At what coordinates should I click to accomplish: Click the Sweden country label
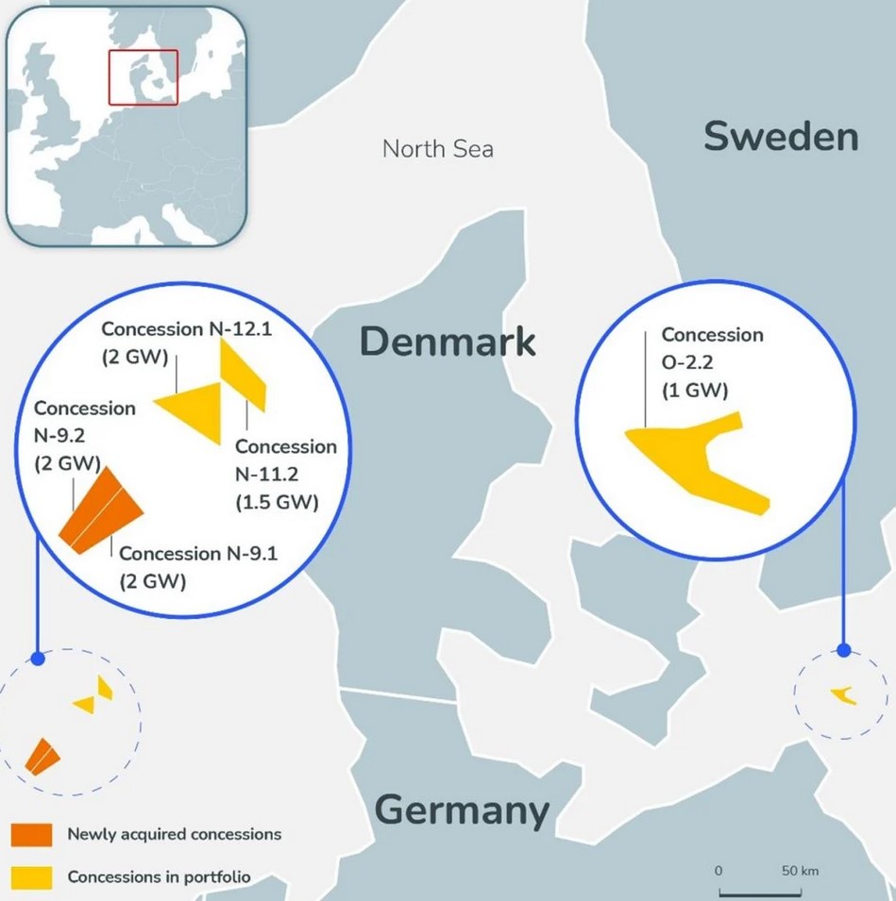coord(781,138)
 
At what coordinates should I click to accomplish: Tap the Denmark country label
coord(448,342)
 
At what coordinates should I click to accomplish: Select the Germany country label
coord(462,809)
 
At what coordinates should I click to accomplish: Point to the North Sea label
coord(437,149)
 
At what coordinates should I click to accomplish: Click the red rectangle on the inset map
coord(143,76)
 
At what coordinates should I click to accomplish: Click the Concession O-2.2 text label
coord(711,362)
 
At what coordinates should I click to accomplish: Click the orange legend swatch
coord(31,835)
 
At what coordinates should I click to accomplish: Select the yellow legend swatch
coord(31,877)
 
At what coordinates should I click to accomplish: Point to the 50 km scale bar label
coord(800,869)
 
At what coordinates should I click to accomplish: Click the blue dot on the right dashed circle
coord(844,650)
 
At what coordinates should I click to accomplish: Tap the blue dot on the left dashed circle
coord(38,659)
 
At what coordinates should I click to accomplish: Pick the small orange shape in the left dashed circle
coord(42,757)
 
